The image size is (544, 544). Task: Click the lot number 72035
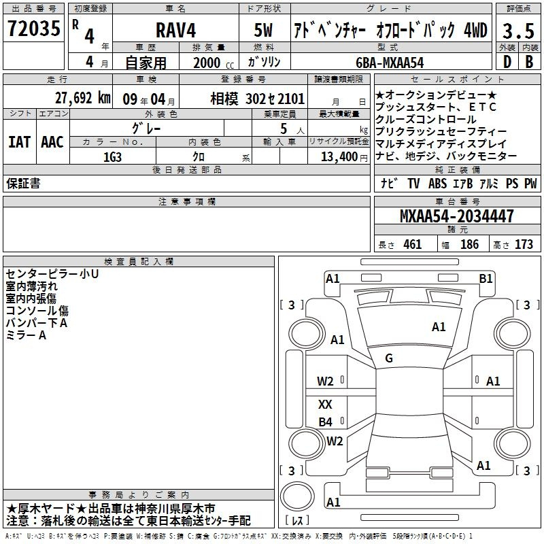34,31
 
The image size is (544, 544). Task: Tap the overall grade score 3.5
517,31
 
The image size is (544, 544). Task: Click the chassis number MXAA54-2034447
456,216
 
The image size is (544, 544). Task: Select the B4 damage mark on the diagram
326,422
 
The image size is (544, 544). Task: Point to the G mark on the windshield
389,358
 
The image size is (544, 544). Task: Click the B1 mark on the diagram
486,278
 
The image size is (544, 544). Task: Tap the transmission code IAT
19,141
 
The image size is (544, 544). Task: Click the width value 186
469,245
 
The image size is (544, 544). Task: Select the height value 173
524,245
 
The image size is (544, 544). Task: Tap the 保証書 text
23,183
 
